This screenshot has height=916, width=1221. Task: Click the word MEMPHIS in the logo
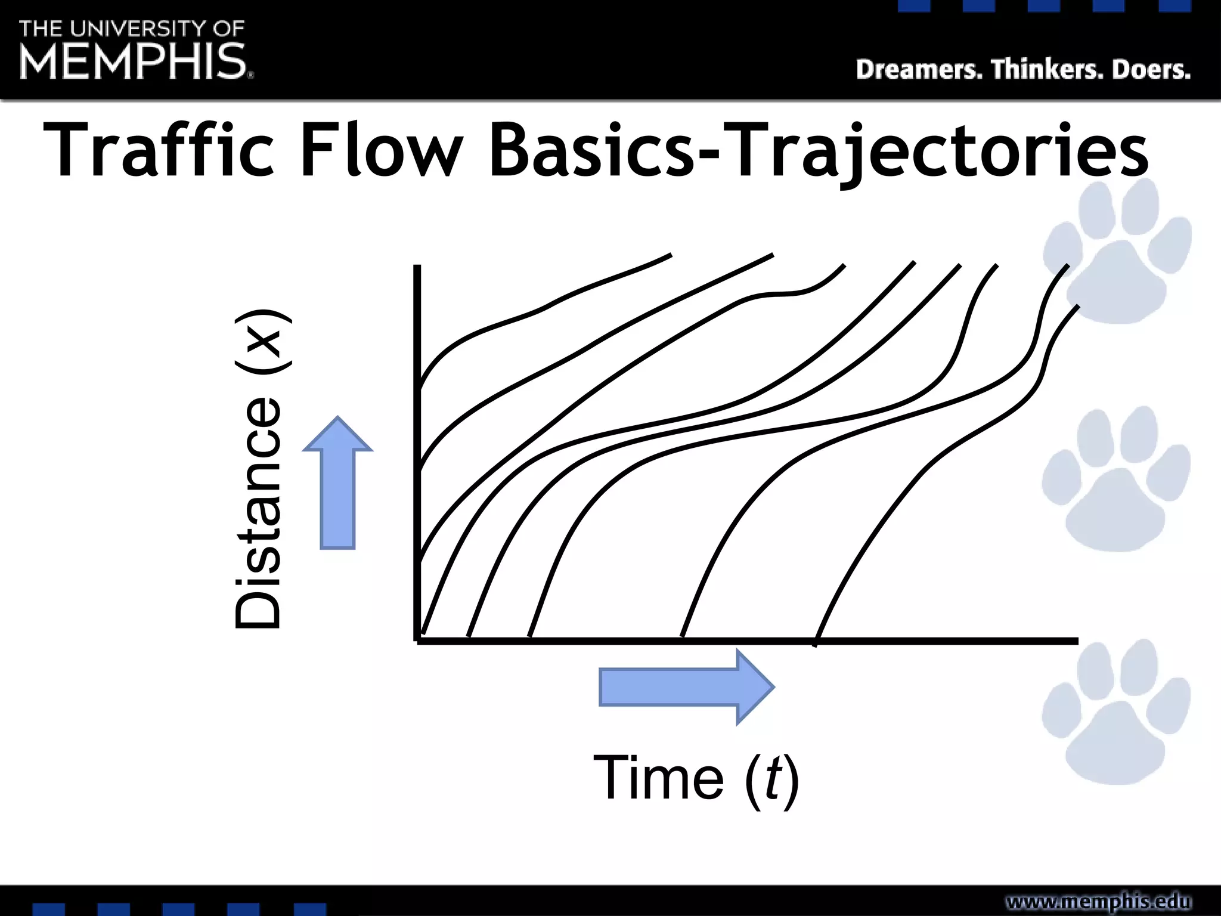132,61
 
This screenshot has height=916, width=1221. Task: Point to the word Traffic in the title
159,150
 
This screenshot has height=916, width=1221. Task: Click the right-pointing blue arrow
686,686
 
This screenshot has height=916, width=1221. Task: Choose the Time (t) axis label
696,778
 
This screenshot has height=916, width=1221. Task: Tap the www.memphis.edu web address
1098,901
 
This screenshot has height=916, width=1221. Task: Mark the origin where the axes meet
417,640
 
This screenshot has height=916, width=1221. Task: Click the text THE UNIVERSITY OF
132,29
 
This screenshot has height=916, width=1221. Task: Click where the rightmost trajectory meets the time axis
816,640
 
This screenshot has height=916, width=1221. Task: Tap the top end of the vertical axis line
417,268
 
